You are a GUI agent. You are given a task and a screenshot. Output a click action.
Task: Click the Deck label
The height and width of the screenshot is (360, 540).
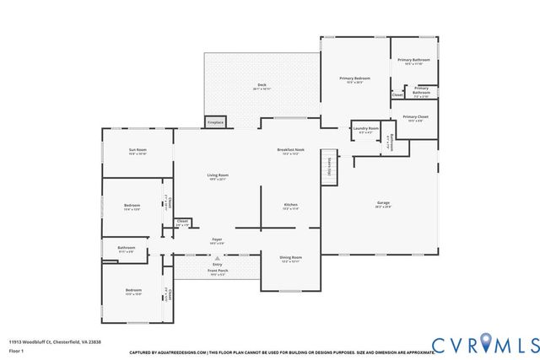coord(262,86)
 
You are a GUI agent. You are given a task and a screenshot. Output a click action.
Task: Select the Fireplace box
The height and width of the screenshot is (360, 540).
coord(215,122)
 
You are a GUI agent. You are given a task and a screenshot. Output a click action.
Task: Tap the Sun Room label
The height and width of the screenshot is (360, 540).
coord(138,151)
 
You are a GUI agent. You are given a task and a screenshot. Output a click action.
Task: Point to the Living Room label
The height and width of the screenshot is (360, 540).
coord(219,176)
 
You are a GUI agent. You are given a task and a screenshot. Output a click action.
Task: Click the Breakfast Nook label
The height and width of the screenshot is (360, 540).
coord(291,151)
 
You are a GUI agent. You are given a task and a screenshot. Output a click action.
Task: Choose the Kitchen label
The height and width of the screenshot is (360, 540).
coord(291,206)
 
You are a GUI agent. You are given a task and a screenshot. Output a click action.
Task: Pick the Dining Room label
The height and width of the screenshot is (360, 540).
coord(290,258)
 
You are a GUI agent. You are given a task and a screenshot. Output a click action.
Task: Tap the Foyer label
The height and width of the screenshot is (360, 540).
coord(217,240)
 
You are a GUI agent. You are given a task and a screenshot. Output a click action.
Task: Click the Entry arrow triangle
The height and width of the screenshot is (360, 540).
coord(217,258)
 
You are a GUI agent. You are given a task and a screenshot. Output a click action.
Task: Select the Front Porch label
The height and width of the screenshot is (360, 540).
coord(218,271)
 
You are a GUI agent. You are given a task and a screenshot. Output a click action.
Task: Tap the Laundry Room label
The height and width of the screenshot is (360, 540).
coord(365,130)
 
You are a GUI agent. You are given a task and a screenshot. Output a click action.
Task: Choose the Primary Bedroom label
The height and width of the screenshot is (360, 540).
coord(354,79)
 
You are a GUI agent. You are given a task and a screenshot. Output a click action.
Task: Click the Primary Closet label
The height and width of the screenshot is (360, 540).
coord(414,118)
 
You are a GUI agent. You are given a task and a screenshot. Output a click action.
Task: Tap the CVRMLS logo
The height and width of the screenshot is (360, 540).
coord(484,344)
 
